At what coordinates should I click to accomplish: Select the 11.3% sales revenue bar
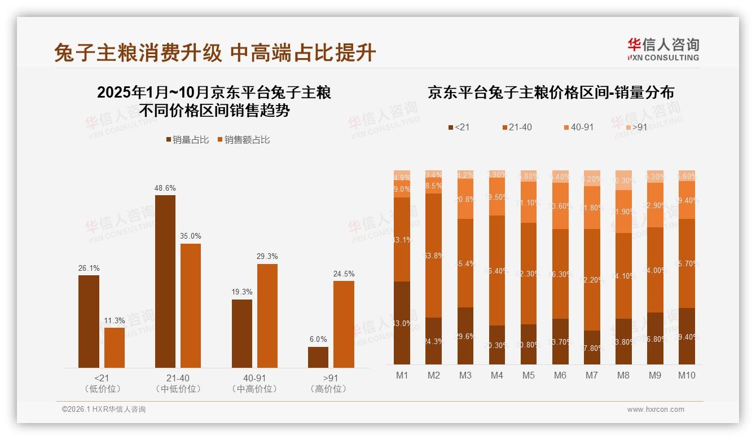115,347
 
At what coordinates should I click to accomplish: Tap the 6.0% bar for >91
318,357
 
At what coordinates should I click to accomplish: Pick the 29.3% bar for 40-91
267,315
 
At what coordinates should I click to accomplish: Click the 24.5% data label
344,274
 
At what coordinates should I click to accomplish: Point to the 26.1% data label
89,269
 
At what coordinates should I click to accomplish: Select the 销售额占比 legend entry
243,140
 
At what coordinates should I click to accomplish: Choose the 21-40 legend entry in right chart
516,127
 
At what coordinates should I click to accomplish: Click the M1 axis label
402,375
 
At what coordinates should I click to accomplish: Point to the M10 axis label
686,375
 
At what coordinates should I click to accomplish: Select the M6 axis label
560,375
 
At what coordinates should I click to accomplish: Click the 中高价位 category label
254,389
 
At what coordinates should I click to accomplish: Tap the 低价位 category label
102,389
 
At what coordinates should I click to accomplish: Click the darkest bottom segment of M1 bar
402,323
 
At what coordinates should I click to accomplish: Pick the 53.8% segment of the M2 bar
433,256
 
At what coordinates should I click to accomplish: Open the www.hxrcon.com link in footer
656,410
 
